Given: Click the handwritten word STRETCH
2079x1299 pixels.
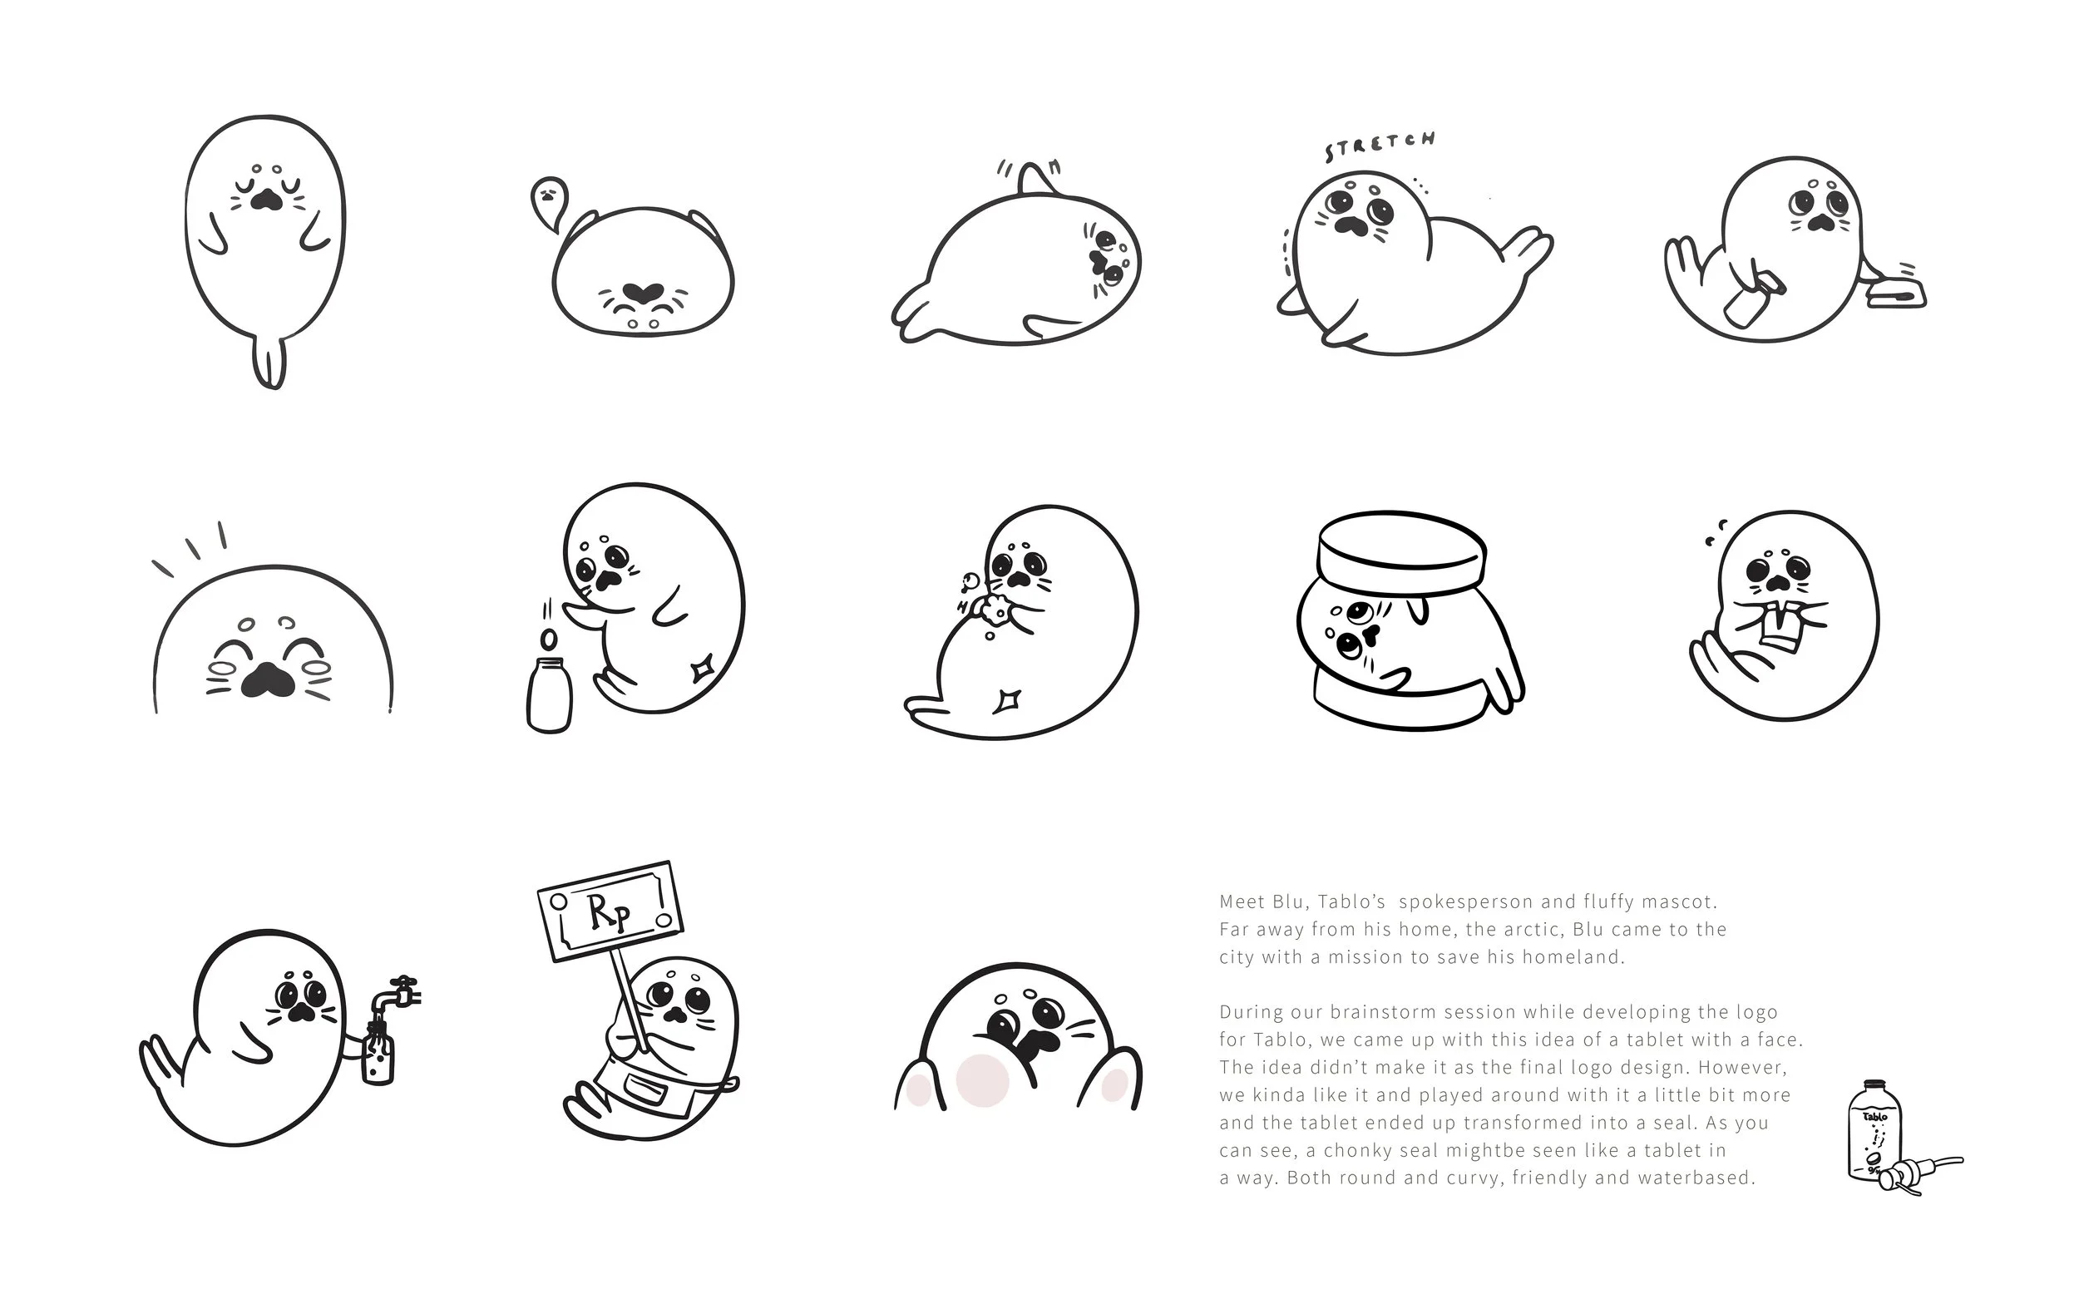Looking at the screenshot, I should pyautogui.click(x=1380, y=146).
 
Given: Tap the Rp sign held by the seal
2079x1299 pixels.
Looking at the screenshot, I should pyautogui.click(x=610, y=912).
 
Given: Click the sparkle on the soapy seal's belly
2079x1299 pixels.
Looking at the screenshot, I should pyautogui.click(x=1005, y=701).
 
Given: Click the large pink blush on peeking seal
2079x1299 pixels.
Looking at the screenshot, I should pyautogui.click(x=982, y=1079).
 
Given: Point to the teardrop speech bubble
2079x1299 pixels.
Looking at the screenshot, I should pyautogui.click(x=549, y=200).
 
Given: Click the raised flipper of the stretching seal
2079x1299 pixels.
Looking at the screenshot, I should pyautogui.click(x=1527, y=249).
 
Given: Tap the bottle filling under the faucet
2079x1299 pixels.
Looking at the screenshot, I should pyautogui.click(x=378, y=1055).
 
